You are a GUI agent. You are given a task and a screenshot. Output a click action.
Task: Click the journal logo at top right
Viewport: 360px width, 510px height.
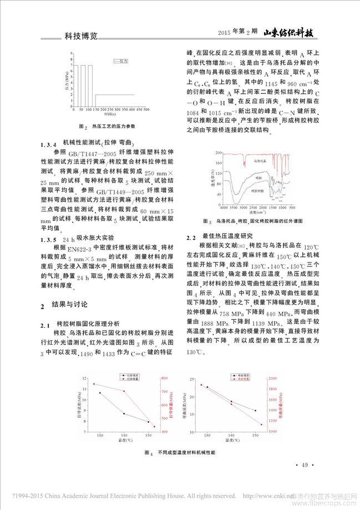(290, 32)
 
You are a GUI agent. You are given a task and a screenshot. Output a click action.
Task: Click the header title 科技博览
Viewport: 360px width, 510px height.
(79, 35)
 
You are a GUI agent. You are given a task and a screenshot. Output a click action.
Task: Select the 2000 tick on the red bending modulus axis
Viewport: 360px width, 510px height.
(270, 378)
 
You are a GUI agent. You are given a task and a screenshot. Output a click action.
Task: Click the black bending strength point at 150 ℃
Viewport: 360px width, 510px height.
(255, 411)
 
